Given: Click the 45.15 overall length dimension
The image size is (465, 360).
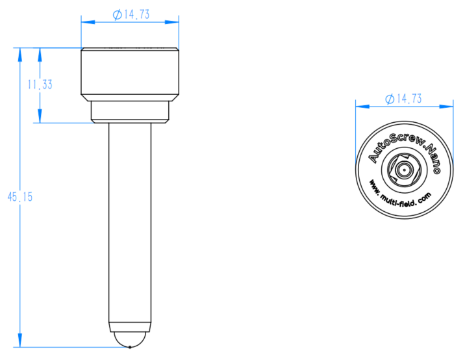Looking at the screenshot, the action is pos(20,197).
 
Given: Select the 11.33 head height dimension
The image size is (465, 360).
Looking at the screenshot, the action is pos(40,85).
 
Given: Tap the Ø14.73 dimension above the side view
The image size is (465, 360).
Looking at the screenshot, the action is pos(131,14).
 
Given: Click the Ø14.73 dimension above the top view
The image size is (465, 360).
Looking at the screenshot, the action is pos(403,99).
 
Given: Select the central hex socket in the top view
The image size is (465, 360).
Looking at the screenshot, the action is pos(404,170).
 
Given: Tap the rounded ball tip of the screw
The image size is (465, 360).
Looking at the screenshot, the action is pos(130,339).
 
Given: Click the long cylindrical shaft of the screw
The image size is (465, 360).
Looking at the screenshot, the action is pos(130,223).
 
